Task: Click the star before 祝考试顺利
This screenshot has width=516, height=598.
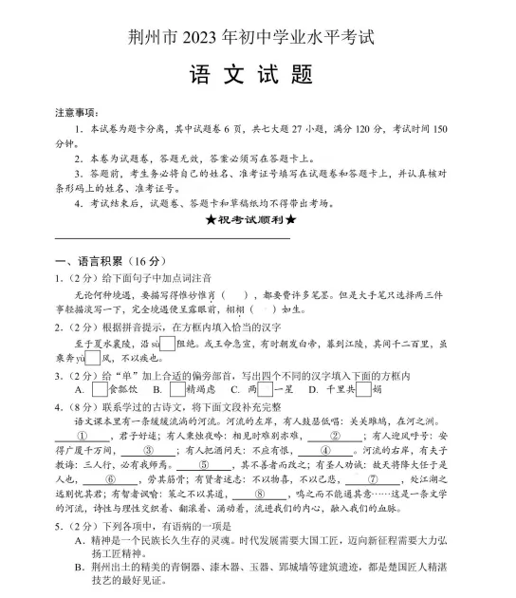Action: pos(209,220)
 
